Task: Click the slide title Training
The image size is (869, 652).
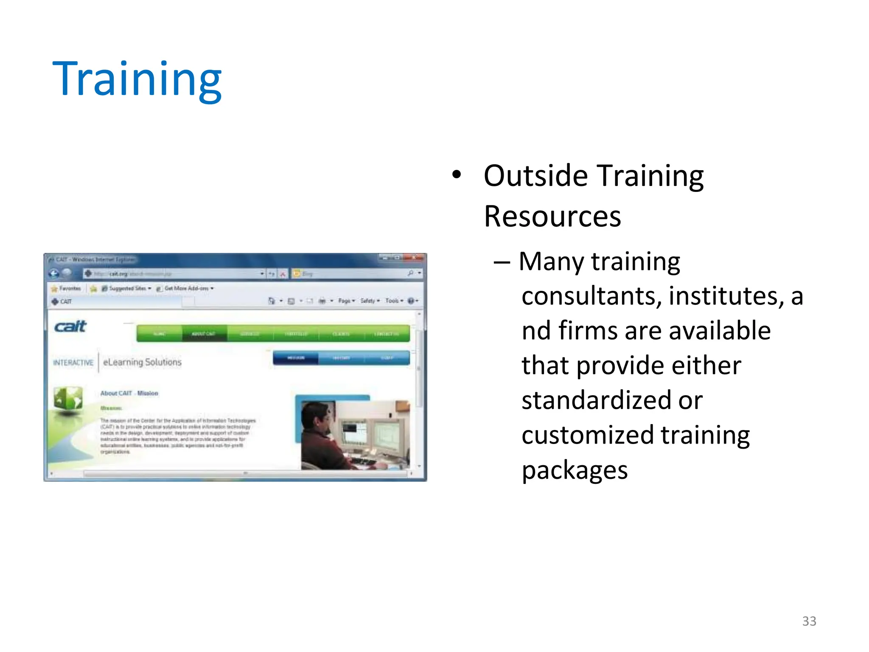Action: [x=137, y=79]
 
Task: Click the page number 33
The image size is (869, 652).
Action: [x=809, y=621]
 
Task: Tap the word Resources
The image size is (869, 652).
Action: [x=552, y=217]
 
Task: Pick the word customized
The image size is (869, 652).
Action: [x=587, y=435]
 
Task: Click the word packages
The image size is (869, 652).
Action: [x=575, y=470]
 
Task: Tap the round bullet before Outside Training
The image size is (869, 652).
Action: [x=456, y=174]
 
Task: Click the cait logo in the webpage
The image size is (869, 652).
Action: [x=70, y=326]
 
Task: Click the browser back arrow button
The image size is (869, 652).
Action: [x=54, y=273]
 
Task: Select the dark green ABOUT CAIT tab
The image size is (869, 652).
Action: [x=204, y=334]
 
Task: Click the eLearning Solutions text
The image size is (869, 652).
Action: [x=142, y=362]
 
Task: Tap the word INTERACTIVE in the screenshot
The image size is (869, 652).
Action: [x=73, y=363]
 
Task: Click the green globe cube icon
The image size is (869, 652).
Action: [x=68, y=399]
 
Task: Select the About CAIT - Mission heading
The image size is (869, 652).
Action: [x=129, y=393]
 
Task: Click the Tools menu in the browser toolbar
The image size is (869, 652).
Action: [x=393, y=301]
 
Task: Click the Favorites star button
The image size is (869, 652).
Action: [x=66, y=289]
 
